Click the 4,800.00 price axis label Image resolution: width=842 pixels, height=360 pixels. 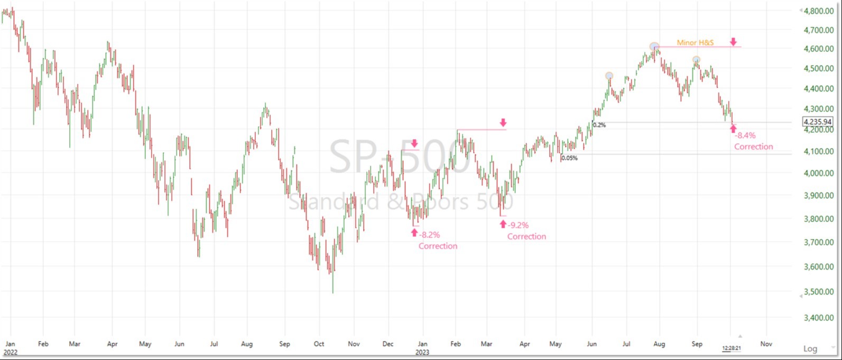click(x=819, y=11)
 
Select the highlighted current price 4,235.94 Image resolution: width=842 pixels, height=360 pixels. click(x=817, y=122)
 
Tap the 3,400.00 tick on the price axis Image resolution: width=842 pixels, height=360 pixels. click(x=819, y=318)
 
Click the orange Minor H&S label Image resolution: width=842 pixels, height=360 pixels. click(x=695, y=42)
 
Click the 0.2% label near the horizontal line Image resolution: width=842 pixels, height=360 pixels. click(x=599, y=125)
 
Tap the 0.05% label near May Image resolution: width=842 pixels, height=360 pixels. click(x=569, y=158)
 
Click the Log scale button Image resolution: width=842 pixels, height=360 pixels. click(x=810, y=348)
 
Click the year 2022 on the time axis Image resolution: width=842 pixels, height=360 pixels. click(x=10, y=352)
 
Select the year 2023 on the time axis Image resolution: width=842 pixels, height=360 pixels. click(x=422, y=352)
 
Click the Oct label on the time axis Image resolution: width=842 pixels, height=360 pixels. click(x=319, y=344)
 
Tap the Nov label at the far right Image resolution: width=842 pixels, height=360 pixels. click(x=766, y=344)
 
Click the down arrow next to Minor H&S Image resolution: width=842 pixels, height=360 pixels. click(x=733, y=42)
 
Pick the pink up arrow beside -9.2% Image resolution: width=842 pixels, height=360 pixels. click(x=502, y=224)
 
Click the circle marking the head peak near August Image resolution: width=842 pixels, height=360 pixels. click(x=654, y=47)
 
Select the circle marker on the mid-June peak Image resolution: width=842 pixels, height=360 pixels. click(x=609, y=76)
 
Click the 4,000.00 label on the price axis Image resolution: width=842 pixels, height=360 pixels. click(x=819, y=173)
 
